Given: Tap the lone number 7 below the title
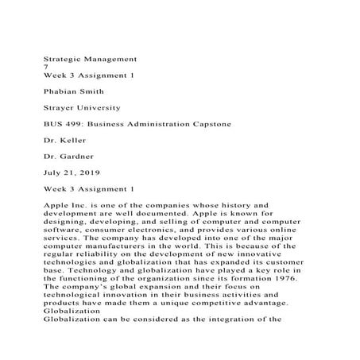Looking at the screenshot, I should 45,68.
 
